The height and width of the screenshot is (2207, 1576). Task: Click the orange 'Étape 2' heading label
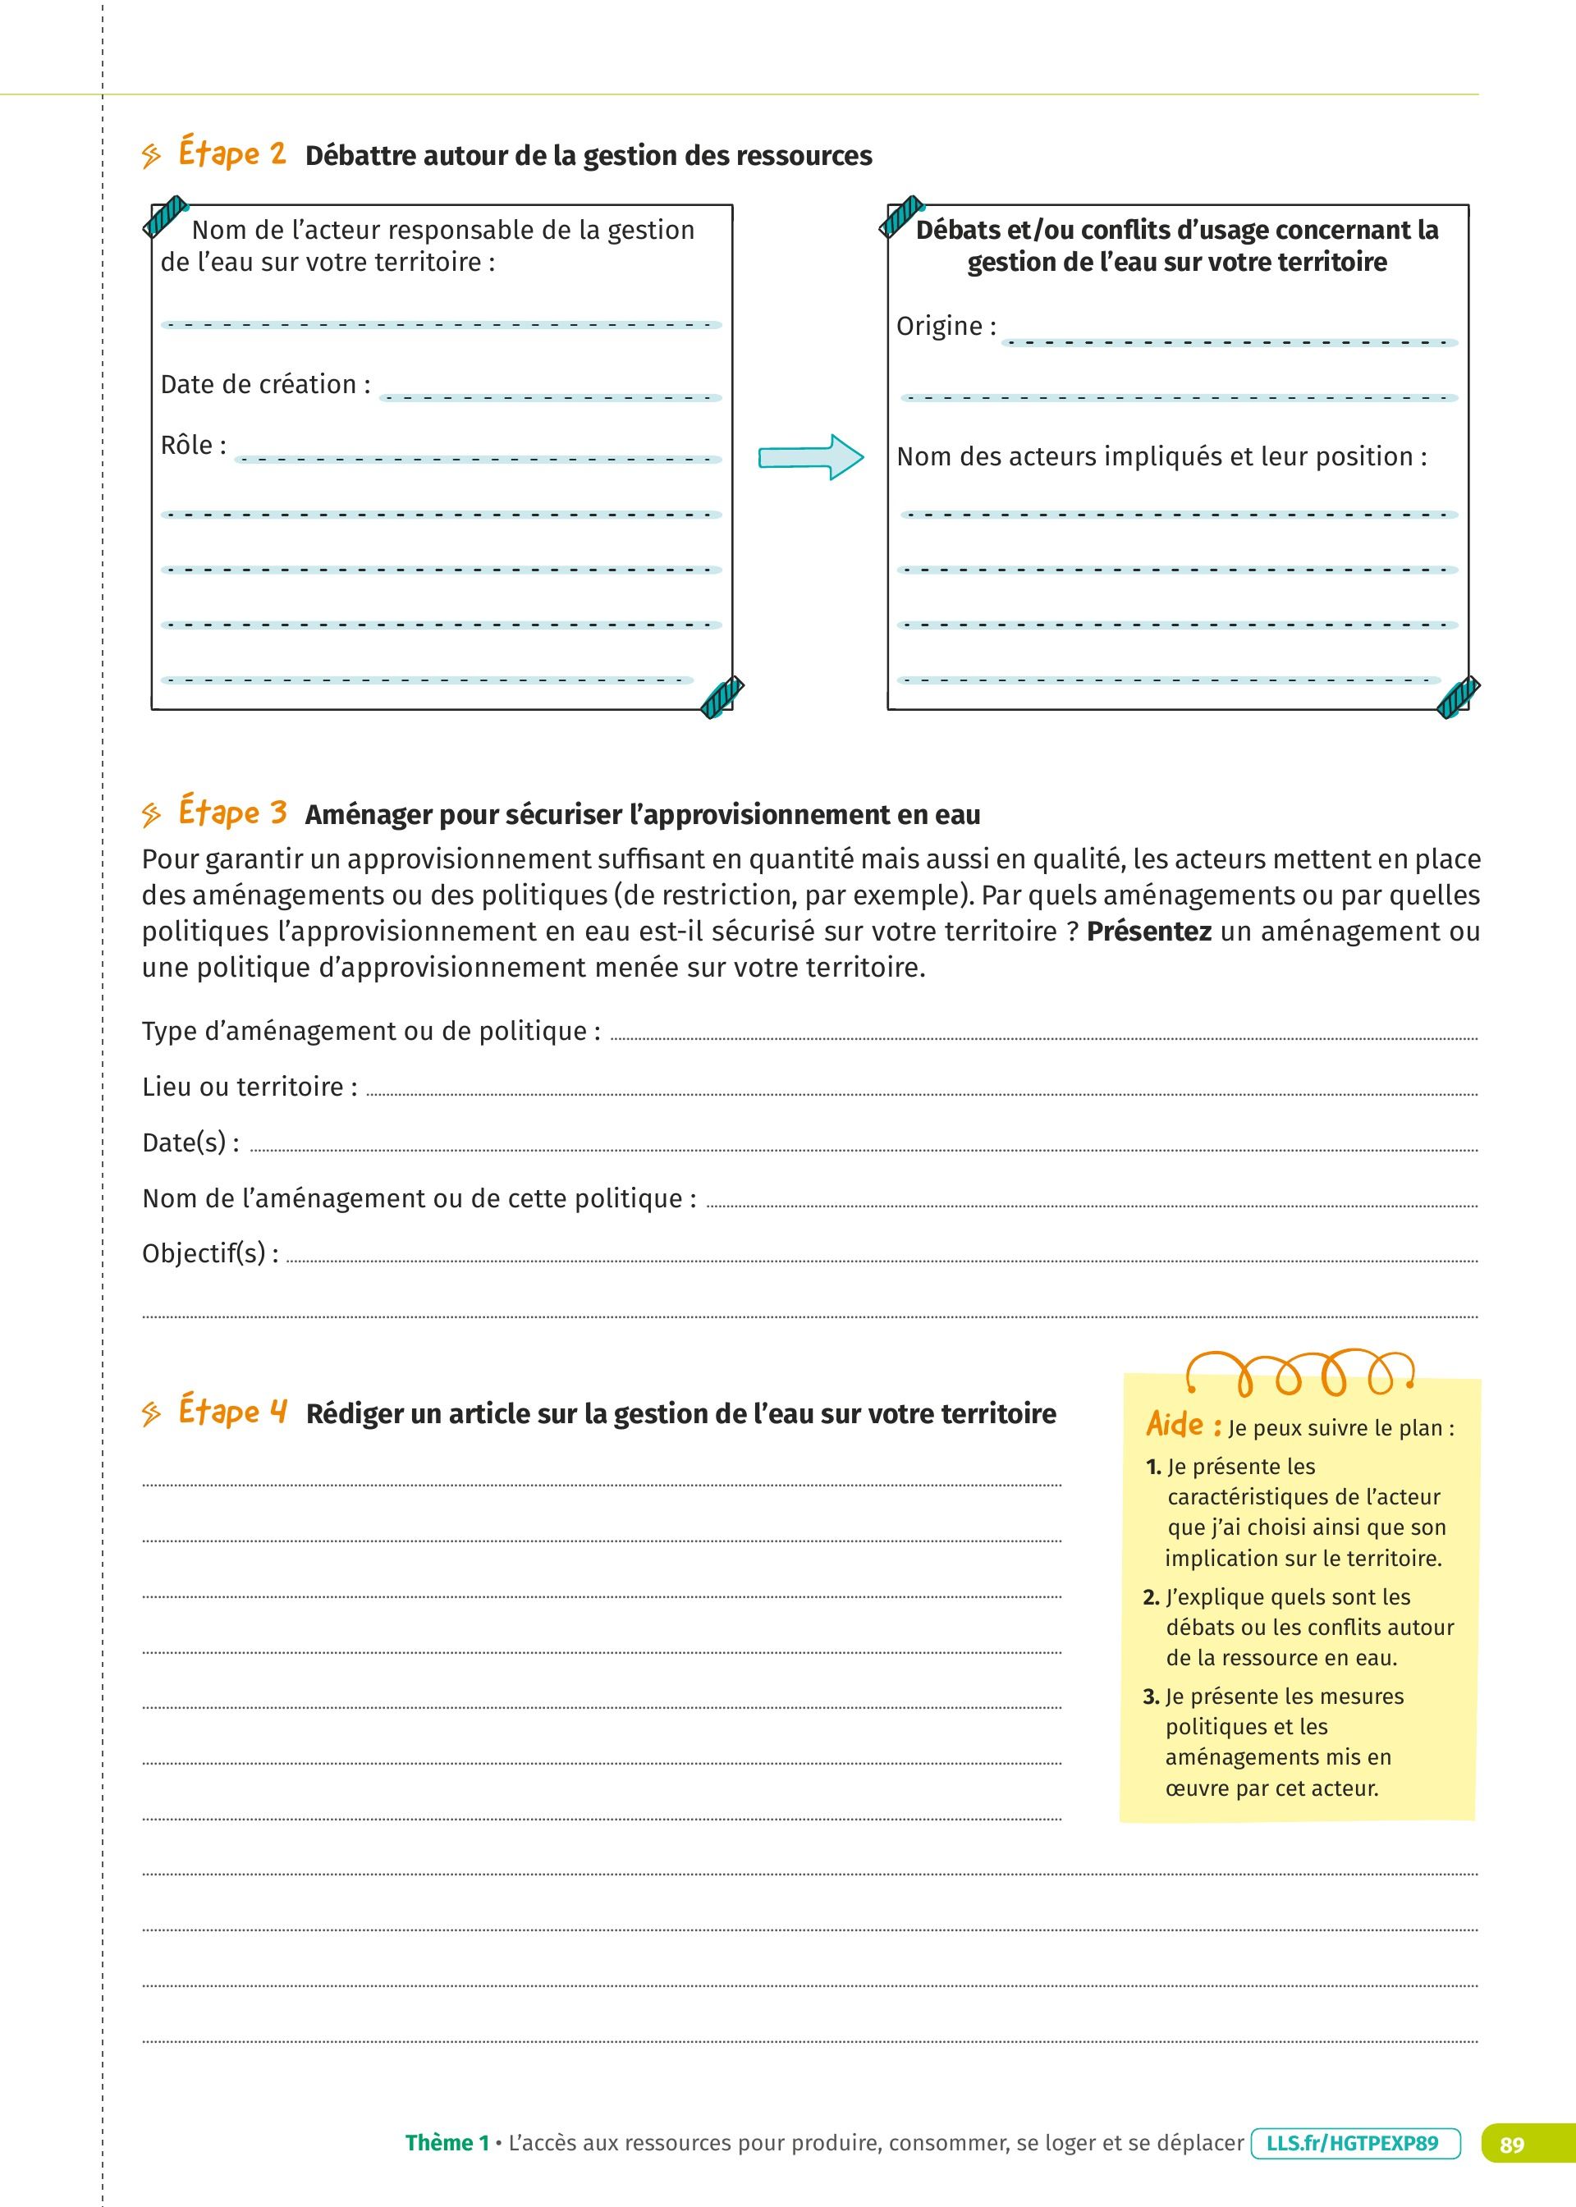point(232,154)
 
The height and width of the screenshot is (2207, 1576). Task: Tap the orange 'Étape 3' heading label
point(233,813)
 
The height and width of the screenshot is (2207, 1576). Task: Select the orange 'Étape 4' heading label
point(233,1412)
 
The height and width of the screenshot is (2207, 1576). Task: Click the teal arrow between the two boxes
point(810,457)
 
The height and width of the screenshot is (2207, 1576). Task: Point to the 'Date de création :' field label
point(265,385)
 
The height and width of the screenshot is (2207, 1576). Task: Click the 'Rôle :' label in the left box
point(193,446)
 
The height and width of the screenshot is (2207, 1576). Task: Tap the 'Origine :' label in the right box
point(946,327)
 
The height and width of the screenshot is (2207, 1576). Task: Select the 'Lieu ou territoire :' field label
point(250,1087)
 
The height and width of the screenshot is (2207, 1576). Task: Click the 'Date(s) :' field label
point(190,1142)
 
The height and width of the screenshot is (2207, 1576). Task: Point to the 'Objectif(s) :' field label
point(209,1253)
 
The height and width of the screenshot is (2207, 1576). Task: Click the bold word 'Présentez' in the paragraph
point(1148,932)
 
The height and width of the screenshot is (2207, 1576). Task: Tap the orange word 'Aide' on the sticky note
point(1175,1424)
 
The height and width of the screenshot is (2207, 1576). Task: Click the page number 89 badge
point(1511,2144)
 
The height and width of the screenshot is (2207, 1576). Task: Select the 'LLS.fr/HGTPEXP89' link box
point(1354,2143)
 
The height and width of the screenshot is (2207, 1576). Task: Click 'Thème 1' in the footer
point(447,2143)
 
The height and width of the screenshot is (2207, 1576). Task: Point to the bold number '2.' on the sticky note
point(1151,1598)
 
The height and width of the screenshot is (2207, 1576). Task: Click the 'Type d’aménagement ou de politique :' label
point(371,1031)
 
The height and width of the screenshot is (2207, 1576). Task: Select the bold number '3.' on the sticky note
point(1151,1696)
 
